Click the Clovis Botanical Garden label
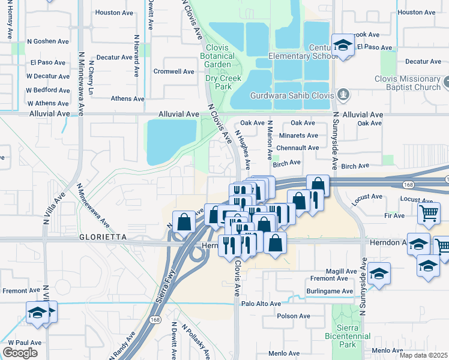coord(218,56)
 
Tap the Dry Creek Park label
coord(223,82)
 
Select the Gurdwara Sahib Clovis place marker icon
coord(343,94)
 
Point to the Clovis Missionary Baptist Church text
coord(408,83)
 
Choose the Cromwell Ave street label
coord(173,71)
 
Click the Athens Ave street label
coord(128,99)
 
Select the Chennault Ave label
coord(297,148)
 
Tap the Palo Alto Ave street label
coord(261,304)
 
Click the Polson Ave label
coord(294,316)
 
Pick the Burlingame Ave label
coord(331,291)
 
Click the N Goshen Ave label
coord(48,42)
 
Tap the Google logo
coord(20,353)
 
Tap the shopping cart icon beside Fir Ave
coord(429,212)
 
